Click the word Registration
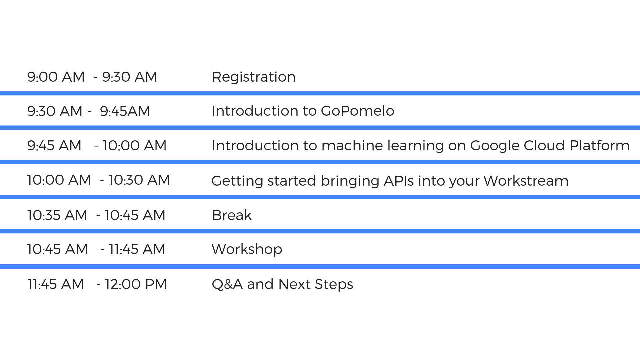[253, 77]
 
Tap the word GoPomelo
[357, 111]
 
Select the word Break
[232, 215]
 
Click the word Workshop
[247, 249]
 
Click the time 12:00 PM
[136, 284]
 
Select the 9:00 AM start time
[56, 77]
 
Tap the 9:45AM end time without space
[125, 111]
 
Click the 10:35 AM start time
[57, 215]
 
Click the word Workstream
[526, 181]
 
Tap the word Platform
[599, 145]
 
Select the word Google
[494, 146]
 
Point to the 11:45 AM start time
[55, 284]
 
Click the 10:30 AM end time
[139, 180]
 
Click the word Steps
[334, 284]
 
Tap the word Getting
[237, 181]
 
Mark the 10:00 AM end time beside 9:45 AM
[134, 146]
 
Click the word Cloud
[544, 145]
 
